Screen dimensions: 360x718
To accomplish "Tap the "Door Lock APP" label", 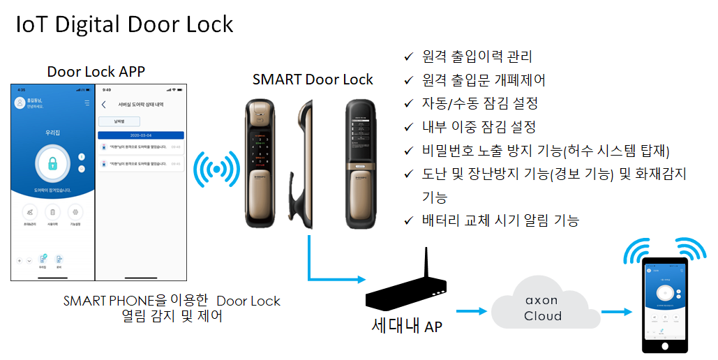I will coord(96,72).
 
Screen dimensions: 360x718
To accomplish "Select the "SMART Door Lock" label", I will coord(313,80).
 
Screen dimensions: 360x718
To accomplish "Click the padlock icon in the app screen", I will coord(52,163).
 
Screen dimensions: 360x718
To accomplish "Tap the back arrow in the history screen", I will coord(104,105).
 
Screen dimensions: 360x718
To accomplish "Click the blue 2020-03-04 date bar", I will coord(140,135).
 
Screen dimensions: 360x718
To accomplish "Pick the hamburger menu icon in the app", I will coord(87,103).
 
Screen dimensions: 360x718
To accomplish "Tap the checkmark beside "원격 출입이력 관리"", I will coord(409,57).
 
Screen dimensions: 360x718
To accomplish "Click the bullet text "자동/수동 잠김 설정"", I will coord(480,103).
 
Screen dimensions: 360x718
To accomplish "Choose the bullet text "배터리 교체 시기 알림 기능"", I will coord(500,220).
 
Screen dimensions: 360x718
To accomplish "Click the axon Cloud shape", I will coord(542,308).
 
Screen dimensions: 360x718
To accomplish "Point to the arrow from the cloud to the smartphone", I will coord(615,312).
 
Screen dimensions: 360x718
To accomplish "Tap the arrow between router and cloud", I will coord(471,311).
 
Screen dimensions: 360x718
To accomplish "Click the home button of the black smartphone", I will coord(665,346).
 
